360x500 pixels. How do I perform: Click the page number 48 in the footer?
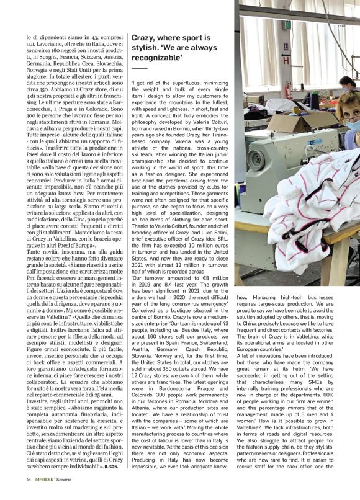pos(29,496)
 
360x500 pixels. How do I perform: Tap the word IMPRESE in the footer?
pos(47,496)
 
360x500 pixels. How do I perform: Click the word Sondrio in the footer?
pos(72,496)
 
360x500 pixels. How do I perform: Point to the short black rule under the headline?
pos(139,69)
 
